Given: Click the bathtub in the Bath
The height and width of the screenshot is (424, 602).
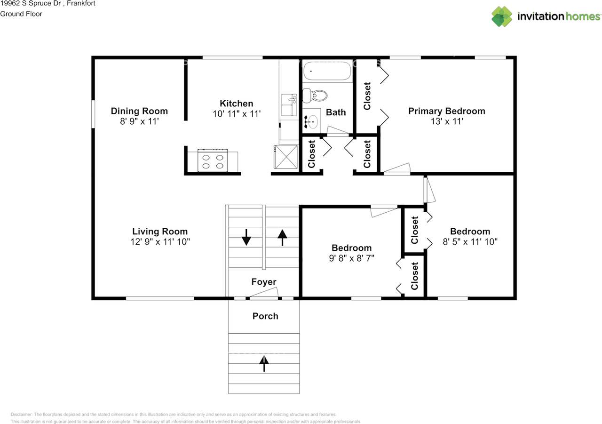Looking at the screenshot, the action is (x=327, y=71).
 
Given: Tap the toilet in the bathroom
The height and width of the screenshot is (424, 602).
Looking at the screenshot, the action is (x=315, y=96).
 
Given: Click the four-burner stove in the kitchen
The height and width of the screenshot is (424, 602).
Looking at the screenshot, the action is (x=213, y=160).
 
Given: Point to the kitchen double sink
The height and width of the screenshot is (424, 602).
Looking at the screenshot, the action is (x=289, y=105).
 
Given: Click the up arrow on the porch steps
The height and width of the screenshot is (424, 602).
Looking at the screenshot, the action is (x=264, y=363).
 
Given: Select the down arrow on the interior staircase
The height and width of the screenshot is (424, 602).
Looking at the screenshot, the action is (x=246, y=237).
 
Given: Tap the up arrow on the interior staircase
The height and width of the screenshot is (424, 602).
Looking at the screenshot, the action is (x=282, y=237).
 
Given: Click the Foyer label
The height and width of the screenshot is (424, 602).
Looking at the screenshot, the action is (x=264, y=282).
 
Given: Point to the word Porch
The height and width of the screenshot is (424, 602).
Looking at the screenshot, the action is (x=265, y=316).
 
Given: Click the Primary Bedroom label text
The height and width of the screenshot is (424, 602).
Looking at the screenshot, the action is (x=447, y=111).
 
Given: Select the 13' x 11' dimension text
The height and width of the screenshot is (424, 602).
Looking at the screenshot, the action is (x=447, y=121).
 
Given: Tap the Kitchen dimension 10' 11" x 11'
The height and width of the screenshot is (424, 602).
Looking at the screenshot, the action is (x=237, y=114).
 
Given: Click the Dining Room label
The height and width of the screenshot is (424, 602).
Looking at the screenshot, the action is (x=139, y=111).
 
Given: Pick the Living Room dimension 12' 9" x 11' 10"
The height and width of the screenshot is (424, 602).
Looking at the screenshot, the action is (x=160, y=242).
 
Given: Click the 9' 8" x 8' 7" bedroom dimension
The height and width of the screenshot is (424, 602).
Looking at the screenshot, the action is (x=351, y=258).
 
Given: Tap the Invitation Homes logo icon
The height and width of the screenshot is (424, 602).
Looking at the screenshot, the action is (x=502, y=16).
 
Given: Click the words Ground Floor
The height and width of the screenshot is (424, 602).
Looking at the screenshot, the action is (x=21, y=14).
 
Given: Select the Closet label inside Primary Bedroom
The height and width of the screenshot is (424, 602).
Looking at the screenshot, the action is (x=367, y=96).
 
